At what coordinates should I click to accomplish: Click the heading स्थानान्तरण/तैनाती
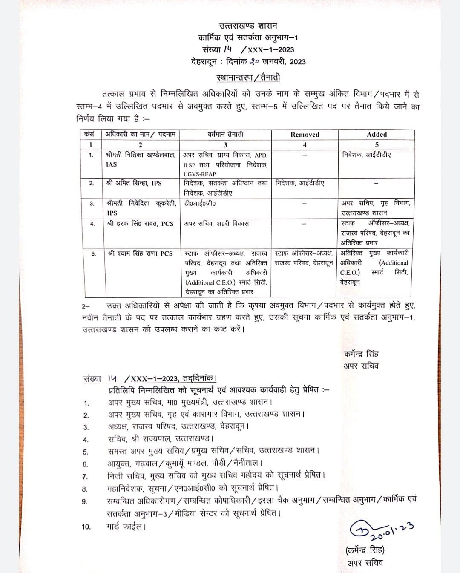[248, 78]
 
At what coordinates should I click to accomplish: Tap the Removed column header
[305, 135]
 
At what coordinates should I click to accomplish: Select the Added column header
[377, 134]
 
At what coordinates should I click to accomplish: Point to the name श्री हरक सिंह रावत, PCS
[141, 223]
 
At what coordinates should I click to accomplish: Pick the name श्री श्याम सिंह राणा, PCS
[140, 253]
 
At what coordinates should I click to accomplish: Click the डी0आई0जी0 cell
[200, 204]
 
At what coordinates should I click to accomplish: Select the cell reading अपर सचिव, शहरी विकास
[216, 223]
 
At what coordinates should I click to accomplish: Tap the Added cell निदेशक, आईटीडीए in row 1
[366, 155]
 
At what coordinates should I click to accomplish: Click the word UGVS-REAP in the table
[200, 174]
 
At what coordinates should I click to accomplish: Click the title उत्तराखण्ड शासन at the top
[248, 26]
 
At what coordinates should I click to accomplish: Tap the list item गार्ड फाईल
[126, 527]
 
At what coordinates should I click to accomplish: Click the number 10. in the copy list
[86, 527]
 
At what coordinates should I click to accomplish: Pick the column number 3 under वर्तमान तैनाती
[225, 145]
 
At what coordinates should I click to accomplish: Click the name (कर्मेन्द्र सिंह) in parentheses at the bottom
[365, 550]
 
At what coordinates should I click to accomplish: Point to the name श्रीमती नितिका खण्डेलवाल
[141, 155]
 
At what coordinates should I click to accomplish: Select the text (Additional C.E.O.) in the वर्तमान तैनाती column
[206, 282]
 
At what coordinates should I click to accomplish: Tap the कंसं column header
[89, 134]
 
